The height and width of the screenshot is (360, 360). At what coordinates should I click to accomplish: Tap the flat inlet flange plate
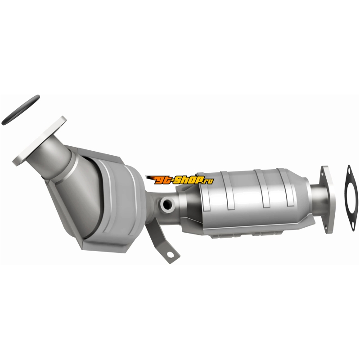coord(40,141)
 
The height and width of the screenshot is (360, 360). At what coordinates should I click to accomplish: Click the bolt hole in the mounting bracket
coord(170,255)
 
